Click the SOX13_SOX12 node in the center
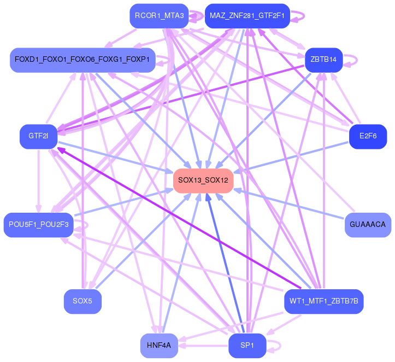203,180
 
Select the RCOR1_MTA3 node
159,15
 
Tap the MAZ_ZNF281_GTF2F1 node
247,15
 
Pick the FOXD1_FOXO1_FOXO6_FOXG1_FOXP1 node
82,59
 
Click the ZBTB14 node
323,59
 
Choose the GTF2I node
38,136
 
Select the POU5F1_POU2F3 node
38,224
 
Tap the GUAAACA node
368,224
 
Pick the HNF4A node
159,345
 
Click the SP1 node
247,345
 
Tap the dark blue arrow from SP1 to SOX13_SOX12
224,262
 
